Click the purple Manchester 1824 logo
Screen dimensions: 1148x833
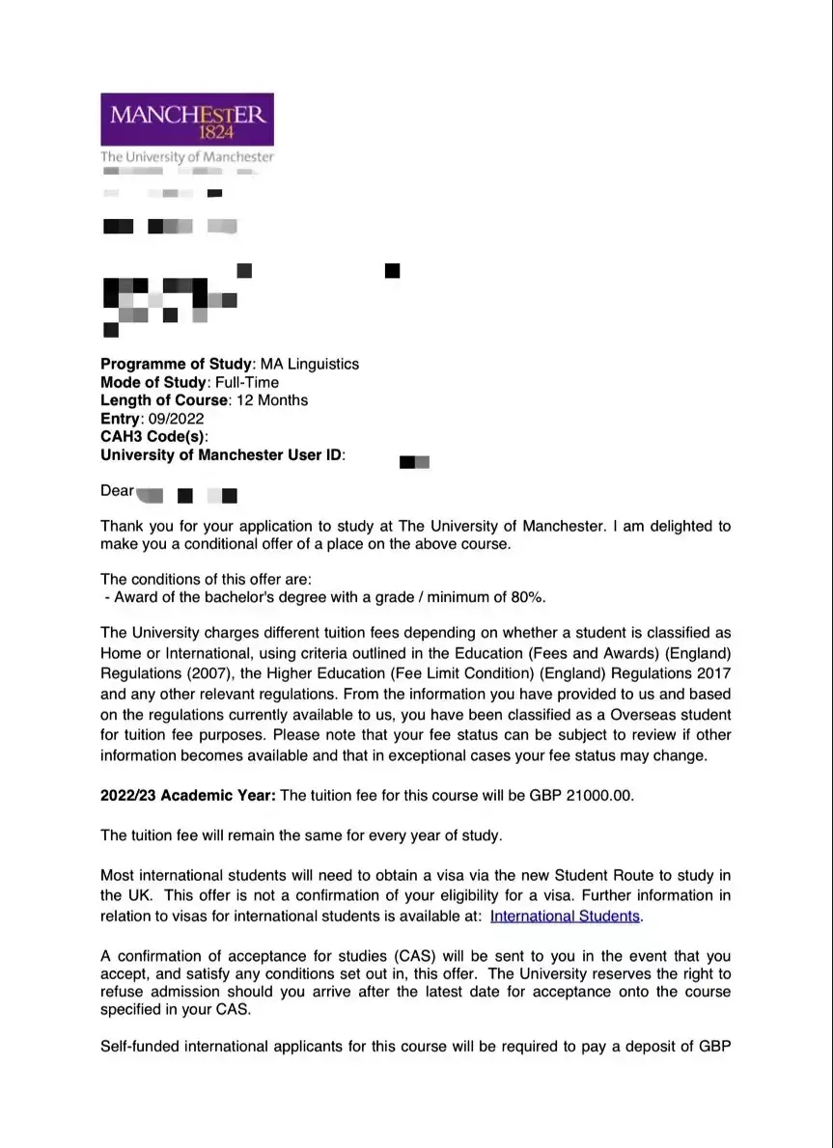(x=186, y=120)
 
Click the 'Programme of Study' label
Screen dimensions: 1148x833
(x=176, y=365)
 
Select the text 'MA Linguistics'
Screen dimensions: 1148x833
(x=310, y=365)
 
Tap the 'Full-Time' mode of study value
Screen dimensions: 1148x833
(x=246, y=383)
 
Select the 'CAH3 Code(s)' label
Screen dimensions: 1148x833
(x=153, y=437)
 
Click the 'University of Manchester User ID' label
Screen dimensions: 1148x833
(x=221, y=454)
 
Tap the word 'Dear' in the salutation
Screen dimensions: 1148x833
(x=118, y=491)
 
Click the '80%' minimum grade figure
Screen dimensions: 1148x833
(x=524, y=597)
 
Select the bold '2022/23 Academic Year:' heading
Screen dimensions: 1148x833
(x=188, y=796)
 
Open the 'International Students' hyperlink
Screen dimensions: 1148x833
(x=565, y=916)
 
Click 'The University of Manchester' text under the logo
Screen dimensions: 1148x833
(x=187, y=156)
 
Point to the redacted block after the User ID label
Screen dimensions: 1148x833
(x=414, y=462)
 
